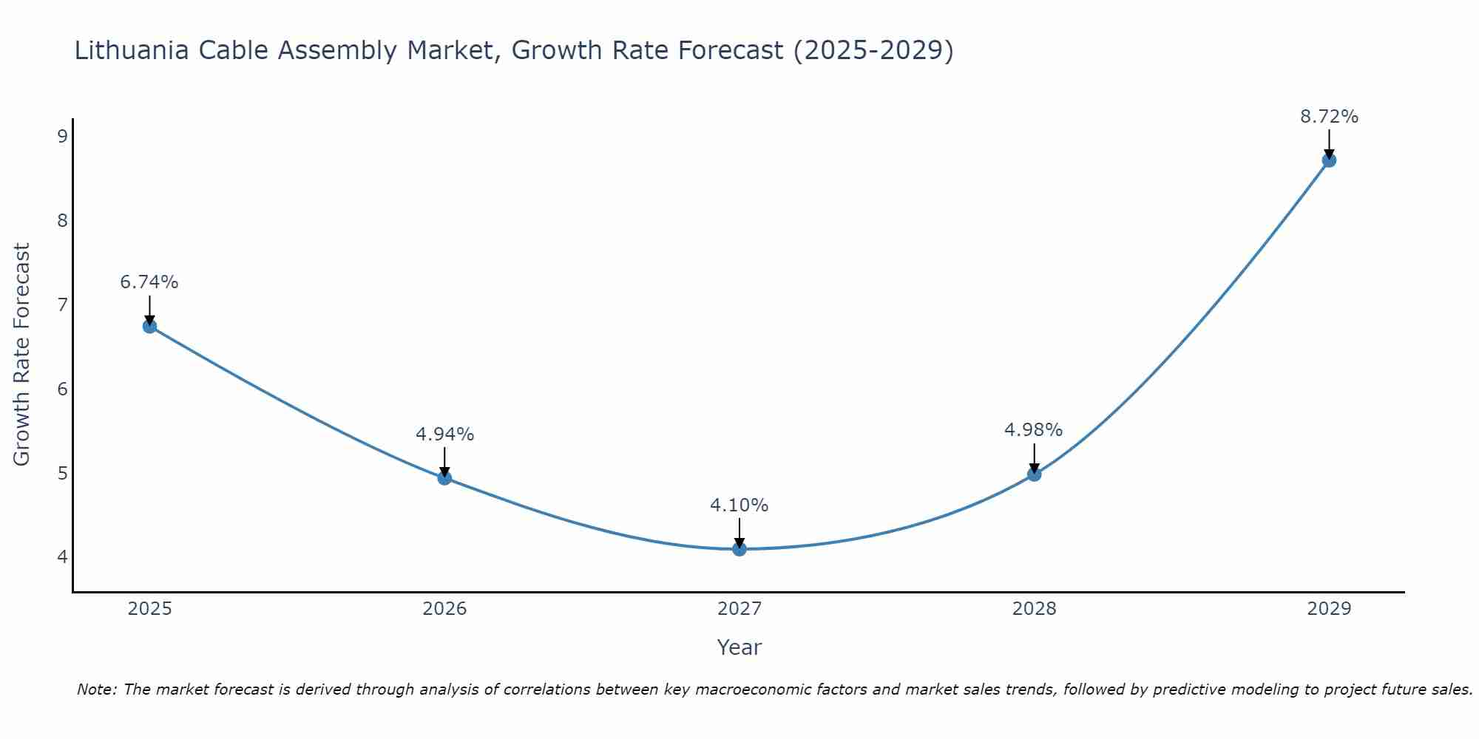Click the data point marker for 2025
tap(149, 326)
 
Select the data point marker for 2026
tap(444, 477)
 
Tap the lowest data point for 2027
tap(739, 548)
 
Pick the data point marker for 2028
tap(1034, 474)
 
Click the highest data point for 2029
tap(1329, 160)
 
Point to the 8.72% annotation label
tap(1329, 117)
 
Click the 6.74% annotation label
tap(149, 282)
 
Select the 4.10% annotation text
tap(739, 505)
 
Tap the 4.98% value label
tap(1034, 430)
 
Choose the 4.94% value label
tap(444, 435)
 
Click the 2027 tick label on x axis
tap(739, 609)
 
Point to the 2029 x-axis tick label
tap(1329, 609)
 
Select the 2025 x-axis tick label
tap(149, 609)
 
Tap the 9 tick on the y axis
tap(62, 136)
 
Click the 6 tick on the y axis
tap(62, 389)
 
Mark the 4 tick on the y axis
tap(62, 556)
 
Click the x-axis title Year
tap(739, 647)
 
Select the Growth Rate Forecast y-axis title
tap(22, 355)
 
